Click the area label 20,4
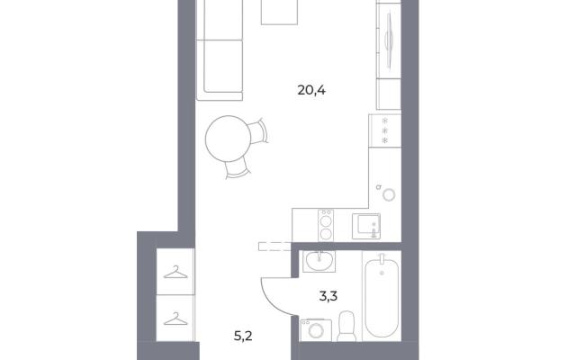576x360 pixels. coord(311,90)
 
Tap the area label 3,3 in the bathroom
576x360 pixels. coord(328,296)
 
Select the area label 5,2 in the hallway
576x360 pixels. coord(243,336)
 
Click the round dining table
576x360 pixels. coord(228,139)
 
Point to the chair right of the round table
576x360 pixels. coord(258,132)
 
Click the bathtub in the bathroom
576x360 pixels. coord(382,296)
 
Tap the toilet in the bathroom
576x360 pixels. coord(346,326)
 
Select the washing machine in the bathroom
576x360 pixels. coord(316,330)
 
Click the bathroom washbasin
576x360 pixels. coord(319,261)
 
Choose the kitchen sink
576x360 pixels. coord(366,226)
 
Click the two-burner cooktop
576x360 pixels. coord(326,225)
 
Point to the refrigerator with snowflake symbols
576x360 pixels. coord(385,130)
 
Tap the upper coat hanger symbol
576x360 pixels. coord(175,272)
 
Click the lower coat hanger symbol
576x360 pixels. coord(175,319)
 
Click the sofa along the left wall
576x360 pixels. coord(220,50)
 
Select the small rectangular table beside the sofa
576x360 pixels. coord(279,13)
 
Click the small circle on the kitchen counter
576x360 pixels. coord(389,194)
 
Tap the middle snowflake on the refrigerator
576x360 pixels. coord(385,130)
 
